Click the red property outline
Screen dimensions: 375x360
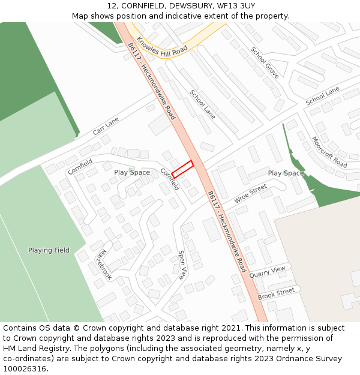click(182, 169)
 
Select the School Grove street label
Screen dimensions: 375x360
click(265, 62)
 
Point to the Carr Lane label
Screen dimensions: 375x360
click(106, 126)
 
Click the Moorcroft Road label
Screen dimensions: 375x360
click(329, 152)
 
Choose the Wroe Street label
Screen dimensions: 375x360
click(250, 194)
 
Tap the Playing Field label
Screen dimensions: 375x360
click(49, 250)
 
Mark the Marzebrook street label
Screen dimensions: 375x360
click(103, 263)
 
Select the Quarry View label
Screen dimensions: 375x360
click(267, 272)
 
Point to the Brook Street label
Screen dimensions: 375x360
click(276, 294)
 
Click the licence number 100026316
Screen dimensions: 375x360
click(25, 369)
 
